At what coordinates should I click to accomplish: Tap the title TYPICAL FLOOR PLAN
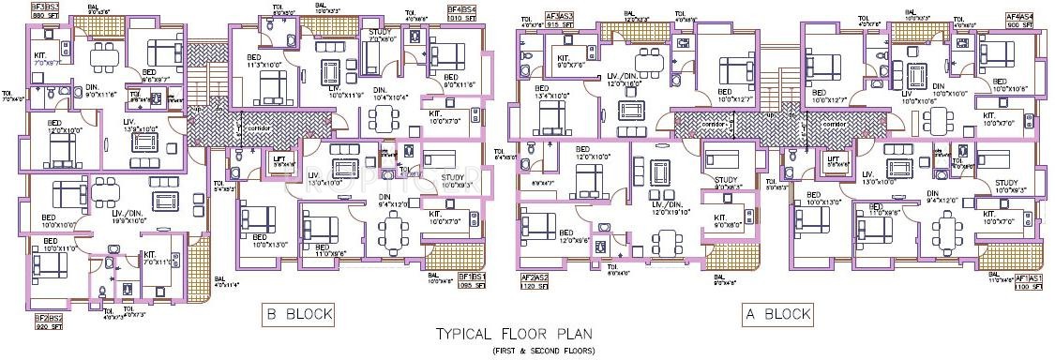[515, 334]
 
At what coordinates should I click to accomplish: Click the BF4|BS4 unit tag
[461, 8]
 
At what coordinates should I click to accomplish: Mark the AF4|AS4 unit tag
[1020, 17]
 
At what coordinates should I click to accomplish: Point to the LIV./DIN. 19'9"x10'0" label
[132, 217]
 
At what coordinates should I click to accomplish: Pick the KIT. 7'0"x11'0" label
[155, 257]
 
